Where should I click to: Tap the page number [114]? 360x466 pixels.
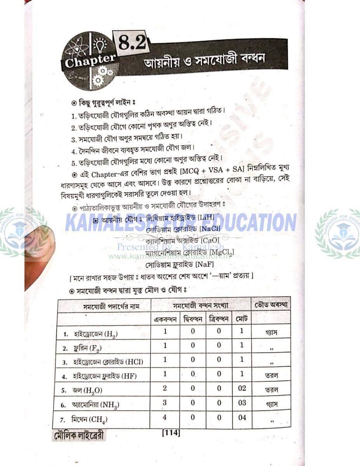pos(171,432)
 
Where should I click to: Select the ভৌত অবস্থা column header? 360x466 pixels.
pos(271,305)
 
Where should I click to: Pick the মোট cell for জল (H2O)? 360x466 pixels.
pos(242,389)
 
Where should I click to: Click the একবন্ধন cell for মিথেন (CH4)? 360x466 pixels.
pos(165,417)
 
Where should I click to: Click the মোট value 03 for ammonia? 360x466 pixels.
pos(242,403)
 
